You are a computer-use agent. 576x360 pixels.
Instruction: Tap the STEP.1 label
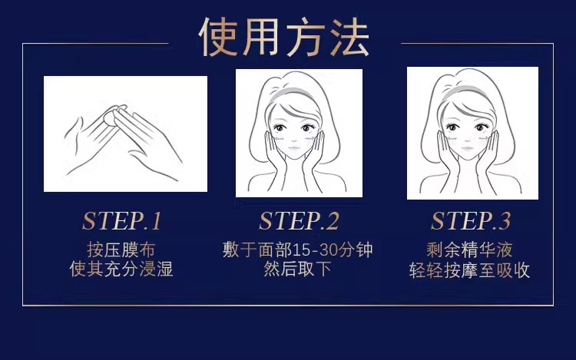[122, 221]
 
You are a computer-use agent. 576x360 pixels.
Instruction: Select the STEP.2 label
[299, 221]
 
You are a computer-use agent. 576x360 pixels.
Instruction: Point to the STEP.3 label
[471, 221]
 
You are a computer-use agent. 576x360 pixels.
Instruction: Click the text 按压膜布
[121, 249]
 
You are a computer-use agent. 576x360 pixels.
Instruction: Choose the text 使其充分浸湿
[121, 269]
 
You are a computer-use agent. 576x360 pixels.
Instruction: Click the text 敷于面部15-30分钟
[298, 249]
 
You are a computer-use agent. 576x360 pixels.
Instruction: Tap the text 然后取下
[298, 269]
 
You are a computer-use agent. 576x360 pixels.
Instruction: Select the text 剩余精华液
[470, 249]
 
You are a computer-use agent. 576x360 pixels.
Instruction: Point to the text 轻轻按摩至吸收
[470, 269]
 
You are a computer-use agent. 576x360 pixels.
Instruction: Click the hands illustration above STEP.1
[125, 134]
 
